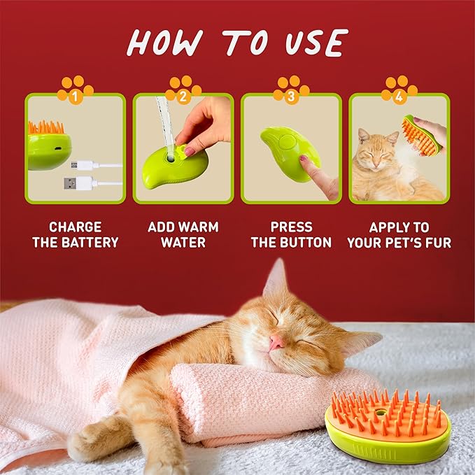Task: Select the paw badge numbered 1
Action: tap(76, 90)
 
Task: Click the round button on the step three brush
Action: tap(285, 141)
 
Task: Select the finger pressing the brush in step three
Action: tap(318, 175)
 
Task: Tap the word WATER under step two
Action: tap(183, 243)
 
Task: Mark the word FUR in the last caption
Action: tap(437, 243)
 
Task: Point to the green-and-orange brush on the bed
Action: tap(388, 427)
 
